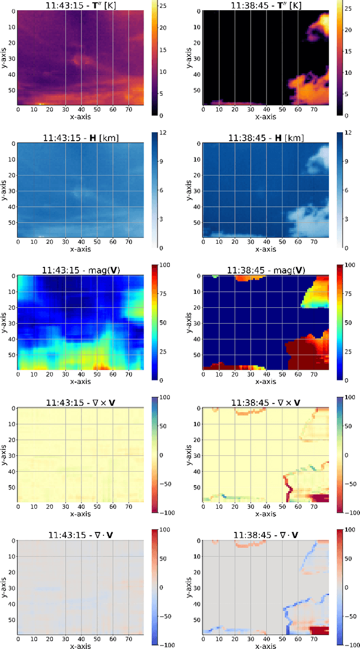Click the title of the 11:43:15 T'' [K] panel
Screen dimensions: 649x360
(80, 5)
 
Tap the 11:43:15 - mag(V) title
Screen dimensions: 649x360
(80, 270)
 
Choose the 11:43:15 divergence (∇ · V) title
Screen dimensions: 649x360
(80, 535)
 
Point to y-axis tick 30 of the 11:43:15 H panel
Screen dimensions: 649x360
(12, 191)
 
